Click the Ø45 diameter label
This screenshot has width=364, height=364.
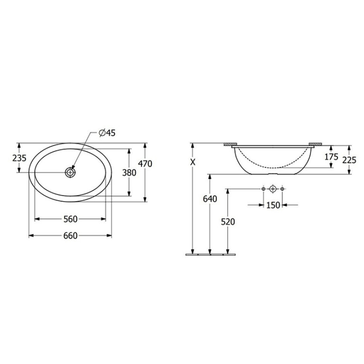(x=107, y=133)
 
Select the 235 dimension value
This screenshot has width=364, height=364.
(x=19, y=159)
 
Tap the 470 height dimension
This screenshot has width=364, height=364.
(x=145, y=164)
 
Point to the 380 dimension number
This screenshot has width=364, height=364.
(x=129, y=173)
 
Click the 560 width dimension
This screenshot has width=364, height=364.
(x=70, y=219)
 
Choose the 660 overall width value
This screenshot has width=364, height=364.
(x=70, y=235)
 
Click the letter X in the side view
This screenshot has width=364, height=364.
(x=193, y=162)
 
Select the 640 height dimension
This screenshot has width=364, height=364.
(x=210, y=199)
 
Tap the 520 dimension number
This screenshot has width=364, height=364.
(x=228, y=222)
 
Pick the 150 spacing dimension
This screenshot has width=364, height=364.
(x=273, y=205)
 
